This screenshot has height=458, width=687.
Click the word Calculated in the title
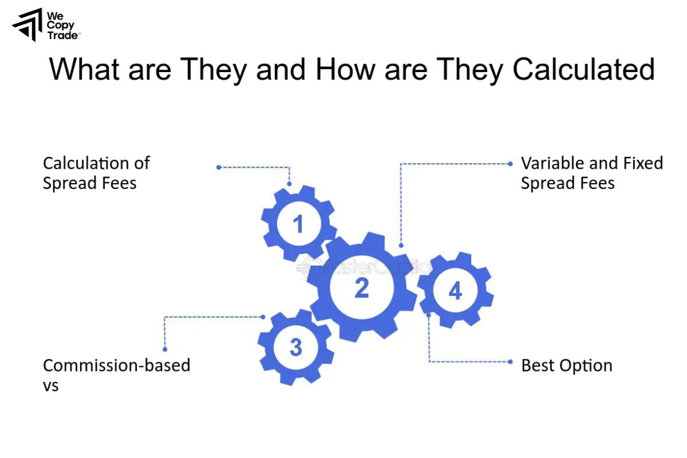[583, 70]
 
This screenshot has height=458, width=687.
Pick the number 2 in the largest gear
[361, 288]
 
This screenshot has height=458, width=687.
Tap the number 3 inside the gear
[295, 347]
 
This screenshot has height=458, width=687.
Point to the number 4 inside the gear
[455, 291]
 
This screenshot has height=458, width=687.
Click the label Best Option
[566, 365]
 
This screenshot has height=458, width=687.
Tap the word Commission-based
[116, 365]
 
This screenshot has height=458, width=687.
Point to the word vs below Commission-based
[51, 386]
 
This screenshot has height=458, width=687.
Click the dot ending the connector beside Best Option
[510, 362]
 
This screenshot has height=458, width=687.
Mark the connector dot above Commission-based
[165, 349]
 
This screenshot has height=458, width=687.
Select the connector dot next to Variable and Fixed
[510, 163]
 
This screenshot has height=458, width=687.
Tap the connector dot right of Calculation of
[219, 167]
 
